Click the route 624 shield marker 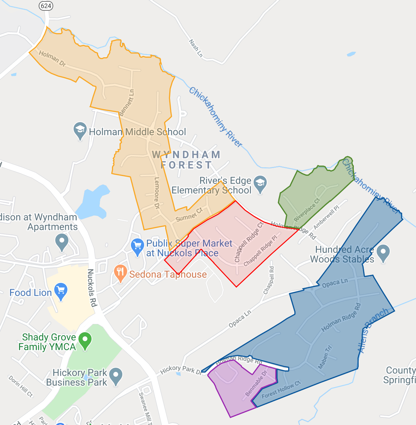click(x=46, y=6)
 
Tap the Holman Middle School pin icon click(x=80, y=131)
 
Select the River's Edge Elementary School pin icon click(x=261, y=184)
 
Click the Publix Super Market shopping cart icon click(x=138, y=247)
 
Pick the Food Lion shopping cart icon click(x=61, y=292)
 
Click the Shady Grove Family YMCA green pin click(x=85, y=341)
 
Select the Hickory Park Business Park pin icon click(x=116, y=376)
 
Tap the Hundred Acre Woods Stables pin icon click(x=383, y=253)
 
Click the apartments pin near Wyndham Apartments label click(x=62, y=242)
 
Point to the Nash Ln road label click(x=196, y=48)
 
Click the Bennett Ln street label click(x=127, y=103)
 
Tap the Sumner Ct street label click(x=189, y=215)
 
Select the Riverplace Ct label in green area click(x=307, y=210)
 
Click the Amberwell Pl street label click(x=326, y=217)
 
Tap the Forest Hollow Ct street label click(x=281, y=389)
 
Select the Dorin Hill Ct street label click(x=21, y=386)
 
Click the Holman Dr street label click(x=52, y=58)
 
